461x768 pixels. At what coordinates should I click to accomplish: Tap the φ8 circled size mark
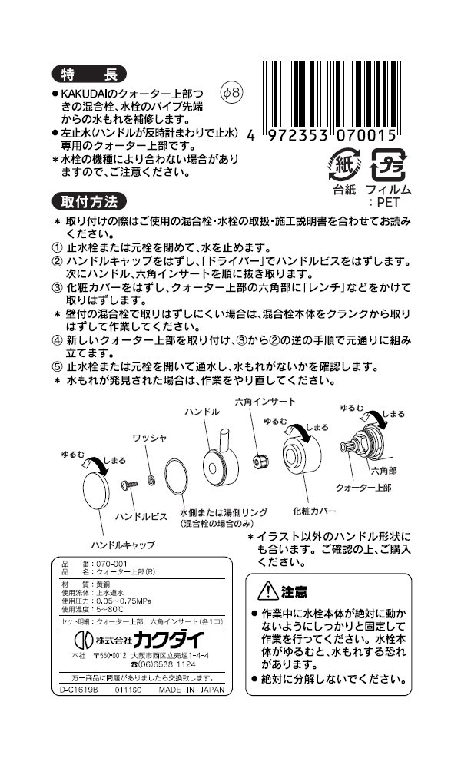231,93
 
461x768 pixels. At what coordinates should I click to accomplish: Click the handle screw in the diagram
128,485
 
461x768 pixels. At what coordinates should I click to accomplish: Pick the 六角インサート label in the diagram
264,402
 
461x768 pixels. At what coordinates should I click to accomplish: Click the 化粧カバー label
314,508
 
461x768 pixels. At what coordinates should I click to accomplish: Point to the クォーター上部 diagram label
363,488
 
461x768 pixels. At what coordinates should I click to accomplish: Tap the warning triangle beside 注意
269,591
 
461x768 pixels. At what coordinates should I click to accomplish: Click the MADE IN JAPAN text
191,689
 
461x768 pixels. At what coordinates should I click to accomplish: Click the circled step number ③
56,288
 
